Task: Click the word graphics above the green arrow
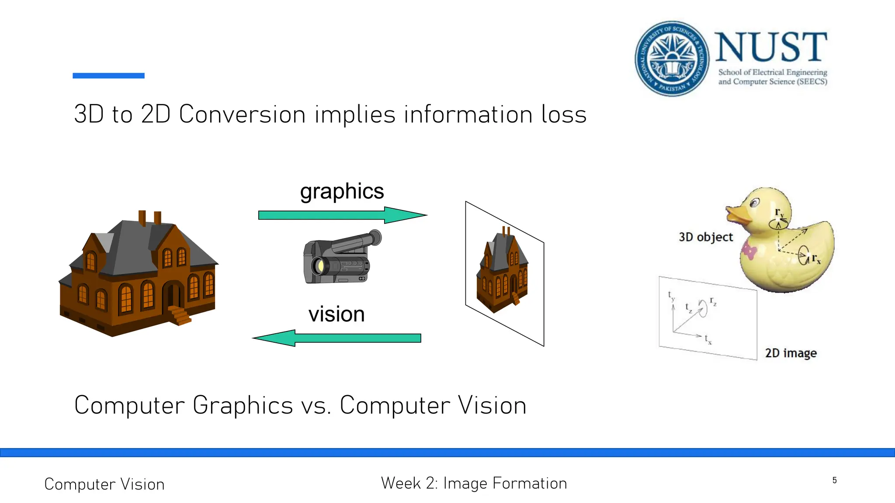tap(342, 192)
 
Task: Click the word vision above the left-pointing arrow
tap(336, 314)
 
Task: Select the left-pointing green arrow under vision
tap(336, 338)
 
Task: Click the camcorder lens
tap(319, 265)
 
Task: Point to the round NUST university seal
tap(672, 58)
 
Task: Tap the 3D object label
tap(705, 237)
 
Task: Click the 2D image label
tap(791, 353)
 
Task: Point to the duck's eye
tap(755, 203)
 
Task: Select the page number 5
tap(834, 480)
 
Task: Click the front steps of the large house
tap(180, 315)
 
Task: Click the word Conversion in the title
tap(242, 114)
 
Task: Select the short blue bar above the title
tap(108, 76)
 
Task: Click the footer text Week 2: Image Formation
tap(474, 483)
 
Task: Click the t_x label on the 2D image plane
tap(708, 339)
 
